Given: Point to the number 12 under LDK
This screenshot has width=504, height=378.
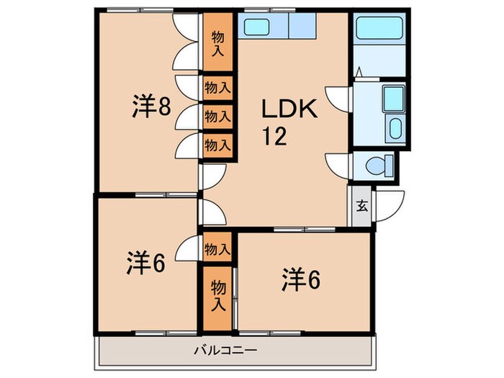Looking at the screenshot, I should [274, 136].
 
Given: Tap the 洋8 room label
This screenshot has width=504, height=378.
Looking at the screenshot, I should [151, 107].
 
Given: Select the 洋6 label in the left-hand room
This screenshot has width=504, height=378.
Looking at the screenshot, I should [148, 263].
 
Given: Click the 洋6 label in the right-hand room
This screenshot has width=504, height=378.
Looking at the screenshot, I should [300, 278].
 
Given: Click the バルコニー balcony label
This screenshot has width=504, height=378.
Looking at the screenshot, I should [225, 351].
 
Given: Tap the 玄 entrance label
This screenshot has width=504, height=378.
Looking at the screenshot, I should [361, 205].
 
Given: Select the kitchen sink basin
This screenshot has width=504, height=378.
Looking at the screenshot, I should [256, 28].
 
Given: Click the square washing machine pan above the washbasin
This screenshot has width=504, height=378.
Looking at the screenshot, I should [394, 97].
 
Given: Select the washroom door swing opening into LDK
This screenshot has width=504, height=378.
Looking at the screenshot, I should [337, 96].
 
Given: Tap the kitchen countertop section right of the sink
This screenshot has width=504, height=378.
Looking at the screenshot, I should [302, 28].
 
